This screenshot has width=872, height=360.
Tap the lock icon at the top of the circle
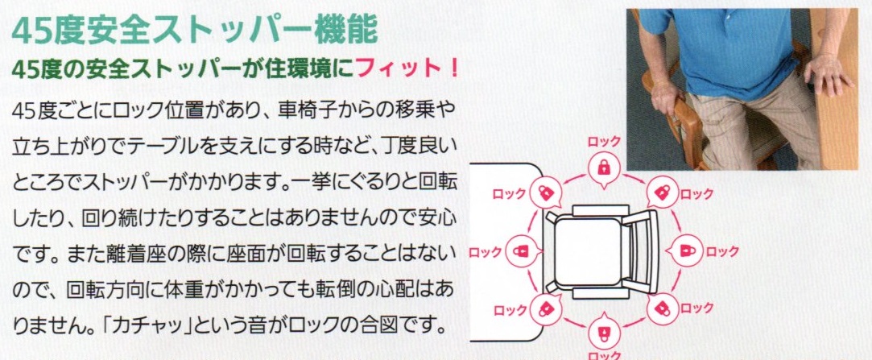(x=602, y=168)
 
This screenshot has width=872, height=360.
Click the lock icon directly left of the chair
(x=520, y=250)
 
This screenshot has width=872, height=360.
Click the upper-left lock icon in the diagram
(x=545, y=192)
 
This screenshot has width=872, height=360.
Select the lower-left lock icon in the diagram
(x=545, y=308)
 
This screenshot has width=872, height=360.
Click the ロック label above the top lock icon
(x=603, y=142)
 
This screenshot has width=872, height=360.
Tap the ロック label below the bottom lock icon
(x=603, y=354)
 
